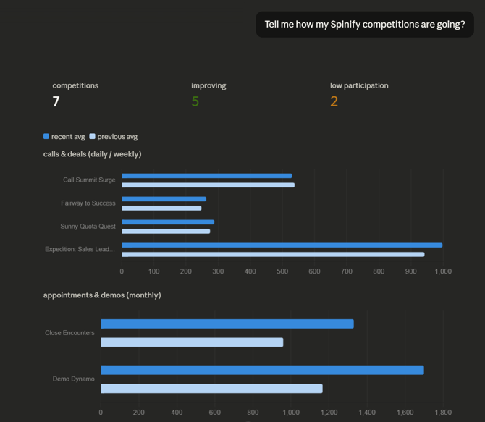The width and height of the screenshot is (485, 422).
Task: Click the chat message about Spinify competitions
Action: click(x=365, y=24)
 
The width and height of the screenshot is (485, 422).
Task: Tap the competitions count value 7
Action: click(x=56, y=101)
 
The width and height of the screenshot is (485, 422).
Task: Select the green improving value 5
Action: click(x=195, y=101)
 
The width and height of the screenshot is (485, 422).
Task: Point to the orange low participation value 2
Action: click(x=334, y=101)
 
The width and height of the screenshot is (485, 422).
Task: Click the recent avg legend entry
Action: click(x=64, y=136)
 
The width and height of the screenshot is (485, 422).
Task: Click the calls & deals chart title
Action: click(x=92, y=153)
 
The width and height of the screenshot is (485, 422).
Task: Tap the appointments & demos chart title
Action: click(x=102, y=295)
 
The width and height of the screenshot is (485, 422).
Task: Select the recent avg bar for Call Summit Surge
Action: click(x=206, y=176)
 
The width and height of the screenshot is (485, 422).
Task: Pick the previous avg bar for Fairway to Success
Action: click(x=161, y=208)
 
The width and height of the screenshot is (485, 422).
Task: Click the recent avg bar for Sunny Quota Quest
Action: click(x=167, y=222)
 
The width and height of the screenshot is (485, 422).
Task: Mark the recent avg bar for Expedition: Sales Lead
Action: click(x=282, y=245)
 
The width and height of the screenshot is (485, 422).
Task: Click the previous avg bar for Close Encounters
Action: click(x=192, y=342)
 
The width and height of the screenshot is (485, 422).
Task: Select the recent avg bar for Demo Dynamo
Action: click(x=262, y=370)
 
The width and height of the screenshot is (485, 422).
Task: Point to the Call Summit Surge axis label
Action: click(x=89, y=180)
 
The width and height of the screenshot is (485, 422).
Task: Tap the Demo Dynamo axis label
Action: click(x=73, y=379)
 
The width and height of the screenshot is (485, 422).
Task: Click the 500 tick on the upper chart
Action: click(x=282, y=271)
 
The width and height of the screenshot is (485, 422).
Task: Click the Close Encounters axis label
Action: click(x=69, y=333)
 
